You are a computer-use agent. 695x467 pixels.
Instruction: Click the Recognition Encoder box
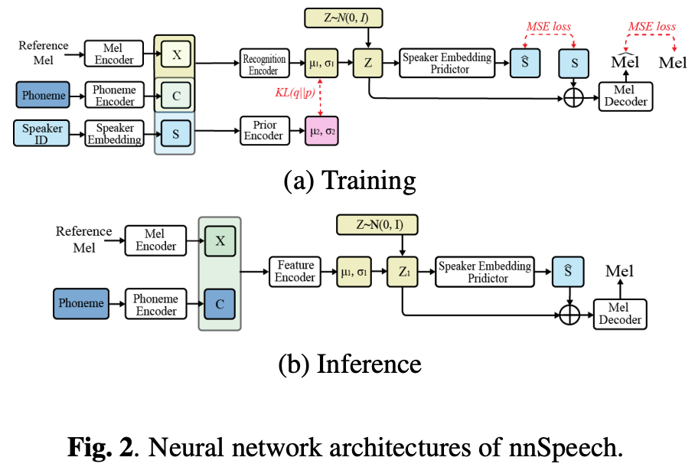(264, 64)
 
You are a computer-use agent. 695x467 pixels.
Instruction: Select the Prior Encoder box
(264, 130)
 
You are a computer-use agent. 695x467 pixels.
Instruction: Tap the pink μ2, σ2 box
(321, 130)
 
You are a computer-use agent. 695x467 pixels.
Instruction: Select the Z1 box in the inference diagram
(403, 272)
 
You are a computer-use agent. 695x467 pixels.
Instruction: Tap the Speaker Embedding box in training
(113, 133)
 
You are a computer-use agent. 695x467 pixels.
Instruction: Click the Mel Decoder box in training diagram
(625, 96)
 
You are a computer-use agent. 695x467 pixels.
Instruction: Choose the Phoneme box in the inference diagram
(82, 304)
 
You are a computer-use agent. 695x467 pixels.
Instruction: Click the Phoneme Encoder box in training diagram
(113, 96)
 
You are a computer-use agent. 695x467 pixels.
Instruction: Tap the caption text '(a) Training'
(349, 180)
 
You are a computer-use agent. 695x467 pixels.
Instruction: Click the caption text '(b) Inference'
(349, 362)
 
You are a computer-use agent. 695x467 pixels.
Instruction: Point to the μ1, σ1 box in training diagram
(321, 64)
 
